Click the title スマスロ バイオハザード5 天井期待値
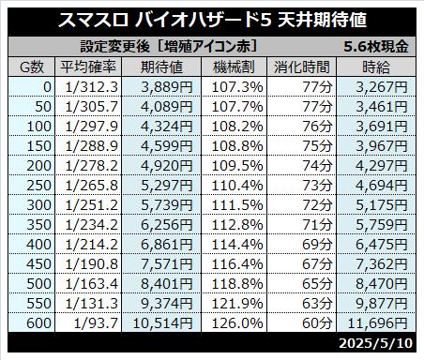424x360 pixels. pyautogui.click(x=212, y=20)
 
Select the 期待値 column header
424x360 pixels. pyautogui.click(x=161, y=67)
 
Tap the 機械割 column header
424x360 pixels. pyautogui.click(x=234, y=67)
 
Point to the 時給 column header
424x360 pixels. pyautogui.click(x=376, y=67)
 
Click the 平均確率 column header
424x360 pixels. pyautogui.click(x=88, y=67)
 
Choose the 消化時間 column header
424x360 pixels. pyautogui.click(x=302, y=67)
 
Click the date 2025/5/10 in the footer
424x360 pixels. pyautogui.click(x=376, y=343)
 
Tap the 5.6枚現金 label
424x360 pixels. pyautogui.click(x=376, y=47)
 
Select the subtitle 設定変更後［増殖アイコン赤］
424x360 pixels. pyautogui.click(x=169, y=47)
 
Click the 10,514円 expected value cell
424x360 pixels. pyautogui.click(x=162, y=323)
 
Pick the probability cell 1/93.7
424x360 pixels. pyautogui.click(x=96, y=323)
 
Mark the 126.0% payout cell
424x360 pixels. pyautogui.click(x=237, y=323)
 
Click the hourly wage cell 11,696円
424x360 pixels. pyautogui.click(x=377, y=323)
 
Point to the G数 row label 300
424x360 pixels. pyautogui.click(x=38, y=205)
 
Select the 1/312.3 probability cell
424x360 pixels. pyautogui.click(x=92, y=87)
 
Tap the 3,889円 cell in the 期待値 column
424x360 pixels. pyautogui.click(x=167, y=87)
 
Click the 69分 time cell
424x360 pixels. pyautogui.click(x=317, y=245)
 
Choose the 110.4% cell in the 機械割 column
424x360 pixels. pyautogui.click(x=237, y=186)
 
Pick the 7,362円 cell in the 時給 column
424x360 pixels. pyautogui.click(x=382, y=264)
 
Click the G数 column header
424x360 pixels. pyautogui.click(x=32, y=67)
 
